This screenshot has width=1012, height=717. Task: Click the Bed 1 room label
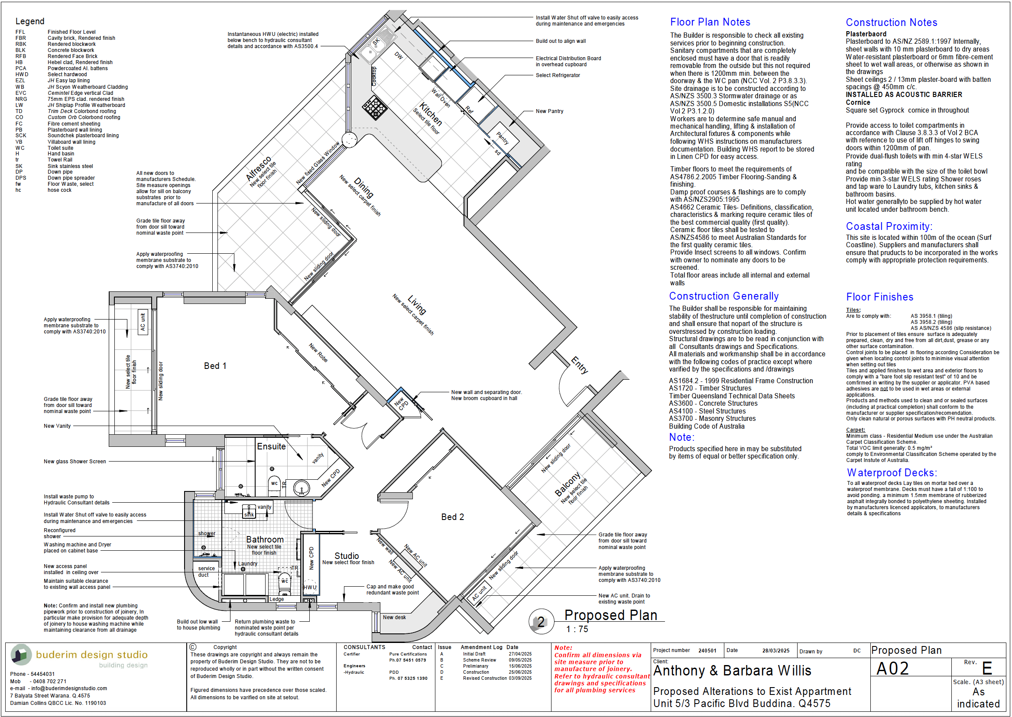pos(215,366)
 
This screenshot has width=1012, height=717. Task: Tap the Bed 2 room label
pos(452,517)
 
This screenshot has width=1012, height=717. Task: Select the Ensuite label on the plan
pos(271,446)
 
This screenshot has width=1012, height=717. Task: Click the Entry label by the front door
pos(580,365)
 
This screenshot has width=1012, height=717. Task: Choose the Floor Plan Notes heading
pos(710,22)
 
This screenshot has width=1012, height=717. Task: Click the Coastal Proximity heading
pos(889,226)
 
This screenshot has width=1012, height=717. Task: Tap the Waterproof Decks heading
pos(892,473)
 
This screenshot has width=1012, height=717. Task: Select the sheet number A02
pos(892,669)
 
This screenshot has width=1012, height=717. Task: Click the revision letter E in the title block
pos(987,669)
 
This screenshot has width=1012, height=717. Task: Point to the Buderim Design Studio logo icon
pos(21,655)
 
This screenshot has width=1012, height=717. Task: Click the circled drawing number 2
pos(541,622)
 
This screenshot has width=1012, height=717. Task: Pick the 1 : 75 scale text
pos(577,629)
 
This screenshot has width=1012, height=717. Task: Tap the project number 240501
pos(707,651)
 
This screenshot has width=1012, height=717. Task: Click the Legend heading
pos(30,21)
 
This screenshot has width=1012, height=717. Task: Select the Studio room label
pos(347,556)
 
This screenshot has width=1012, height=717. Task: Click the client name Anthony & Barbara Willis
pos(732,671)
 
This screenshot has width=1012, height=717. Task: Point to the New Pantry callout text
pos(549,111)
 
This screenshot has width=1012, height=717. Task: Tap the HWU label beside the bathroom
pos(310,588)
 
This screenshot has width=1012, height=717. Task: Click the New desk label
pos(394,617)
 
